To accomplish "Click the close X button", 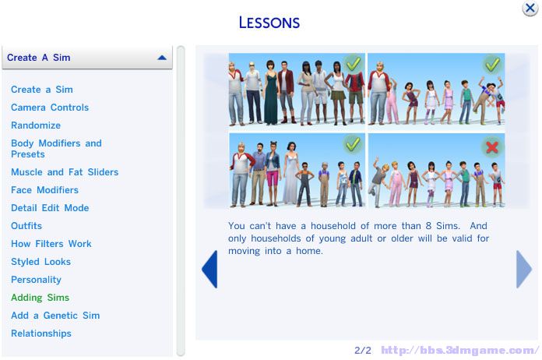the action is (x=530, y=8).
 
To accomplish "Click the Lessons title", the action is (x=269, y=23).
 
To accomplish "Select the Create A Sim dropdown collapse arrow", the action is (x=162, y=58).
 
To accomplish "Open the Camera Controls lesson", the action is (x=50, y=108).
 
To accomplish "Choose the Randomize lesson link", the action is (x=36, y=125).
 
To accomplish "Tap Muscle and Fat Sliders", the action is (x=65, y=172).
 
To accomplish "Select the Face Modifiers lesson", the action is (x=44, y=190).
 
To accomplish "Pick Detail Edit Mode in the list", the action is (x=50, y=208).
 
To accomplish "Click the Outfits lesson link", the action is (x=26, y=226).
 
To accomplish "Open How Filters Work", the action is (x=51, y=244).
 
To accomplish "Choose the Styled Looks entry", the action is (x=40, y=262).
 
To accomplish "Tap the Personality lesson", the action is (x=36, y=280).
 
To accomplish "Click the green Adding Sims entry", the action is (x=40, y=298).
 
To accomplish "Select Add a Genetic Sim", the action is (x=55, y=316).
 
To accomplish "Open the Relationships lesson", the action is (x=41, y=334).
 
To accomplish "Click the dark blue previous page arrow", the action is (x=210, y=269).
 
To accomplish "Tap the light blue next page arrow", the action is (x=523, y=269).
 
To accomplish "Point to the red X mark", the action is (x=492, y=147).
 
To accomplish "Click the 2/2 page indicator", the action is (x=363, y=351).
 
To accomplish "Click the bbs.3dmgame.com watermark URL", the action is (x=460, y=351).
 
